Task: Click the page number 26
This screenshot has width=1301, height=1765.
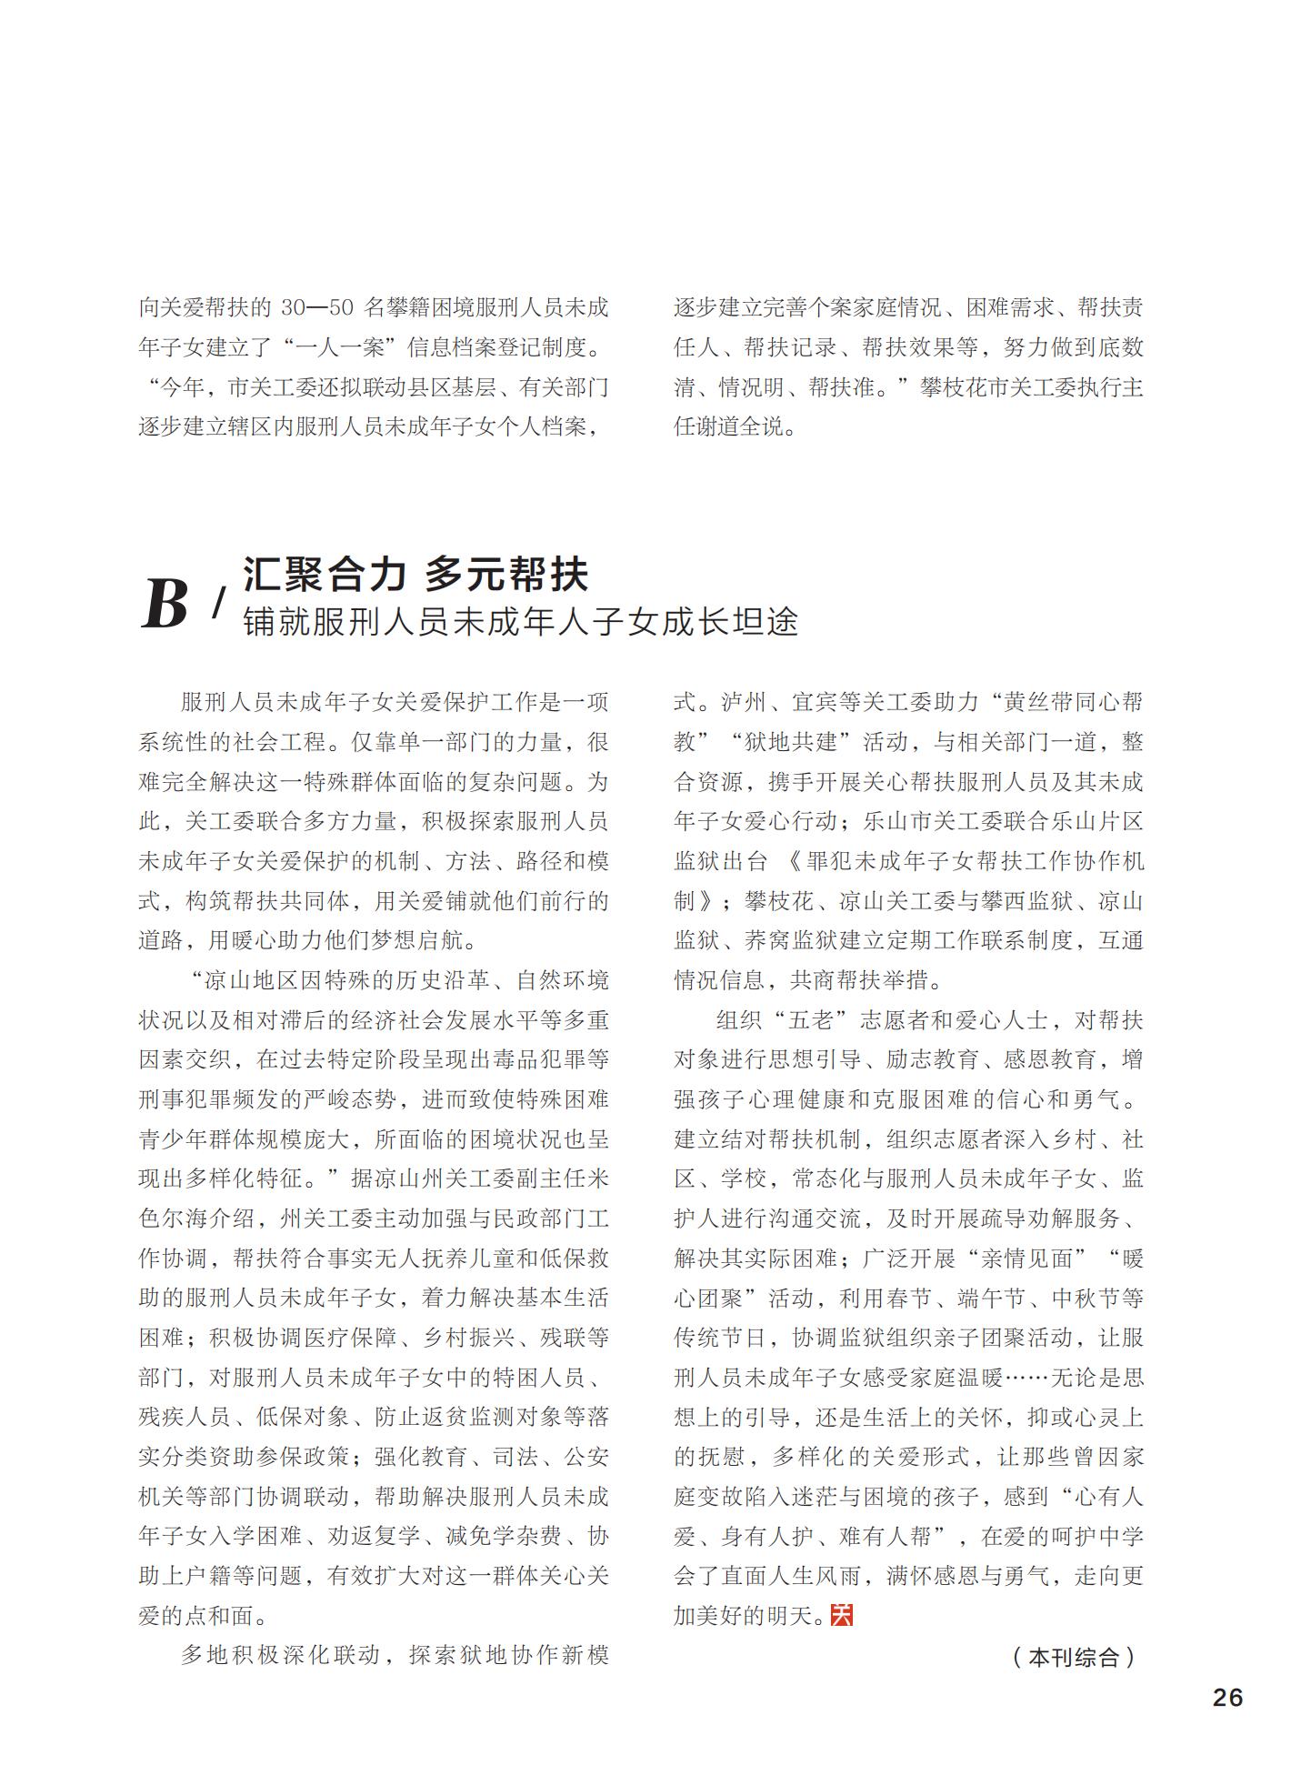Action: [x=1227, y=1697]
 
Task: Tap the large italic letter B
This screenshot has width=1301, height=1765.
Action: [x=165, y=605]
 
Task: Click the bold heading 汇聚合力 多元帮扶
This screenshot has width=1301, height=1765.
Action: [x=415, y=574]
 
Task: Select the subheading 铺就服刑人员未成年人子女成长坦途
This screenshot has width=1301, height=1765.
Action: [x=520, y=622]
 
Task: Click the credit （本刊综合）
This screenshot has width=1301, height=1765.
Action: [x=1073, y=1657]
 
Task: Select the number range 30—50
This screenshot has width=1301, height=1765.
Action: [x=315, y=307]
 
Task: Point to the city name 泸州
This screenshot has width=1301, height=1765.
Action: [x=744, y=702]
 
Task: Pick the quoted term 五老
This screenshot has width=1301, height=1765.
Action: [x=812, y=1020]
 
